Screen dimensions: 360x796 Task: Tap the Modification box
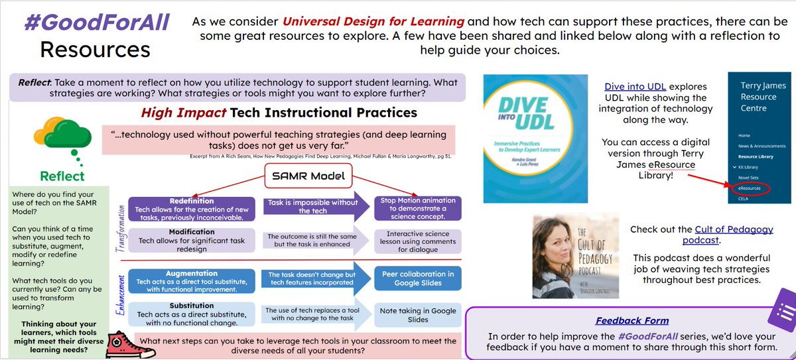coord(192,239)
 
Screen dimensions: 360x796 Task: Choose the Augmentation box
coord(192,278)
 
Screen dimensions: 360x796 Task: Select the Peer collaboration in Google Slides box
coord(417,278)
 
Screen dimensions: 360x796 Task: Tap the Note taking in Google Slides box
coord(417,314)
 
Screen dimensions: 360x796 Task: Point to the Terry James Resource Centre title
coord(758,96)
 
